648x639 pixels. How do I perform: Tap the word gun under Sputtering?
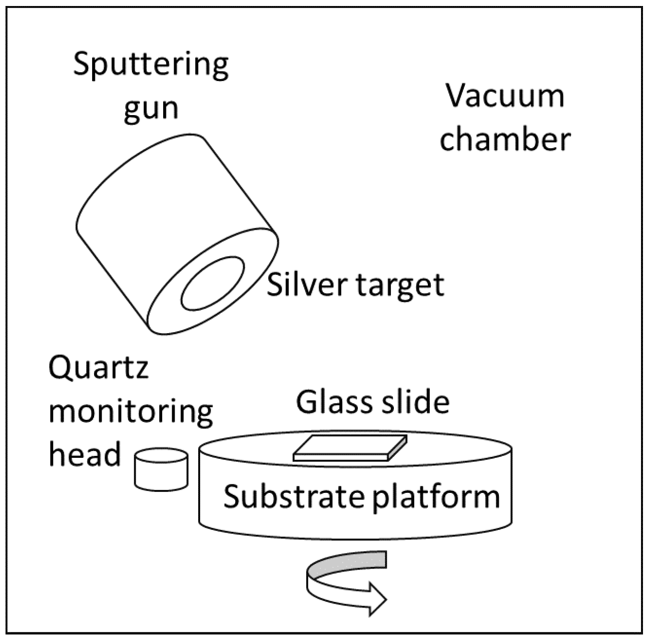pyautogui.click(x=151, y=108)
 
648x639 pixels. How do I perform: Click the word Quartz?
pyautogui.click(x=99, y=369)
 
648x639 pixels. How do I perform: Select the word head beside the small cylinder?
pyautogui.click(x=85, y=454)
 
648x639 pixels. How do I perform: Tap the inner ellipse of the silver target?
pyautogui.click(x=213, y=284)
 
